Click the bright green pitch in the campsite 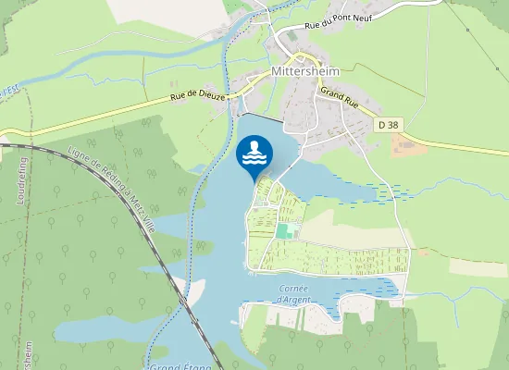point(288,229)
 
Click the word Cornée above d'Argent point(294,288)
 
